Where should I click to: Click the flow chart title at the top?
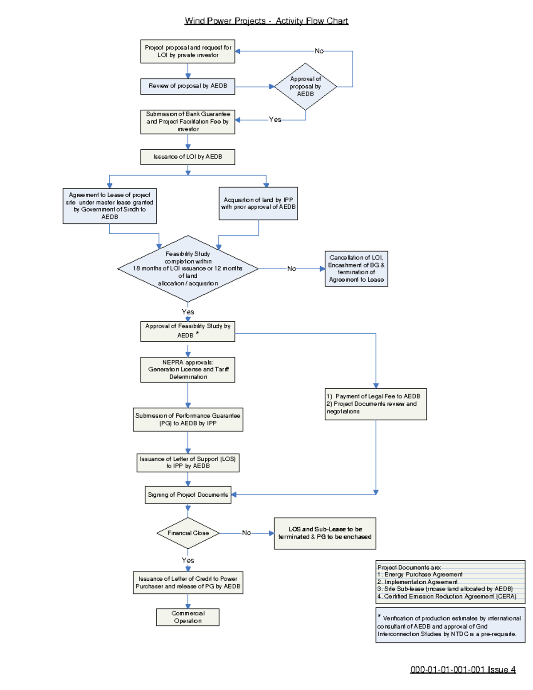pos(266,21)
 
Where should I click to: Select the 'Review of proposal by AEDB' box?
pos(187,86)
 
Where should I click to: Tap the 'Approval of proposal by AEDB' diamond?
pos(305,87)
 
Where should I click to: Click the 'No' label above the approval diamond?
pos(319,51)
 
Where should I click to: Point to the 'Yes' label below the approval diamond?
pos(275,120)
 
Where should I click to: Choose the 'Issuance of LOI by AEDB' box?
pos(187,157)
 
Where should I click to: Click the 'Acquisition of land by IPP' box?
pos(258,203)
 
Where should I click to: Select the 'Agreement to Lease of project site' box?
pos(109,206)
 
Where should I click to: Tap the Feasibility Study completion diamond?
pos(187,268)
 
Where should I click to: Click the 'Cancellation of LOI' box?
pos(356,268)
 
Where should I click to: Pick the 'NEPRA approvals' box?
pos(187,370)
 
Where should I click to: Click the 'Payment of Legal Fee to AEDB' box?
pos(375,404)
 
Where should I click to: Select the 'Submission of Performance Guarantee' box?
pos(187,419)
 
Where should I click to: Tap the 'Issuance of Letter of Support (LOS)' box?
pos(187,463)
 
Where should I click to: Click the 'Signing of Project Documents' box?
pos(187,495)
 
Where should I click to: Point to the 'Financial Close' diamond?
pos(188,533)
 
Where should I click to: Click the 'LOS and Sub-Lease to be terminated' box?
pos(325,533)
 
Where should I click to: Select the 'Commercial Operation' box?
pos(187,617)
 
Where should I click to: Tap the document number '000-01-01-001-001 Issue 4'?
pos(463,670)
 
